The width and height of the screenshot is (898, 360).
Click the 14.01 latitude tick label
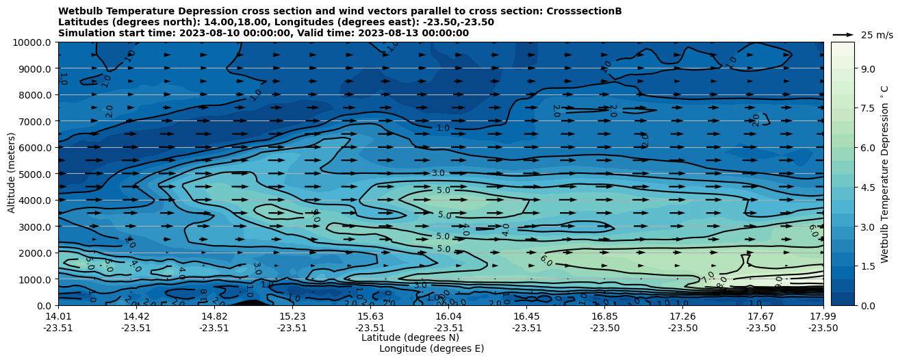pos(58,316)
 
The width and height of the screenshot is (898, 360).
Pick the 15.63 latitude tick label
pos(370,316)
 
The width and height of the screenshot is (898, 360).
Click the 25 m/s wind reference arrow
pos(843,34)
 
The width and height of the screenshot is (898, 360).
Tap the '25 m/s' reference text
pos(877,35)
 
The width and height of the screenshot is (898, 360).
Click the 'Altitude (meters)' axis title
pos(12,174)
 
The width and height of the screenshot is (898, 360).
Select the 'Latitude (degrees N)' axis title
pos(410,337)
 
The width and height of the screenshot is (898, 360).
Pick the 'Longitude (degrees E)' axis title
pos(431,348)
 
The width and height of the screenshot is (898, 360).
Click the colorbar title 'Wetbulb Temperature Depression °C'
pos(884,174)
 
